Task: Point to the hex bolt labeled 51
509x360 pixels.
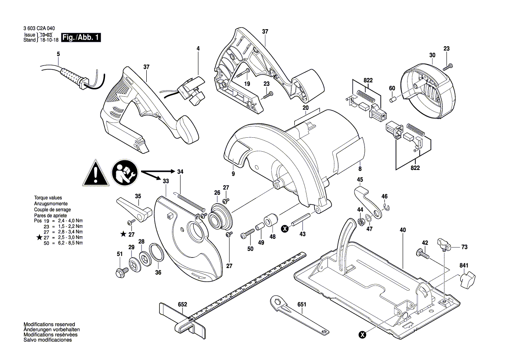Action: (119, 272)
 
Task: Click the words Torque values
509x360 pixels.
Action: (48, 198)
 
